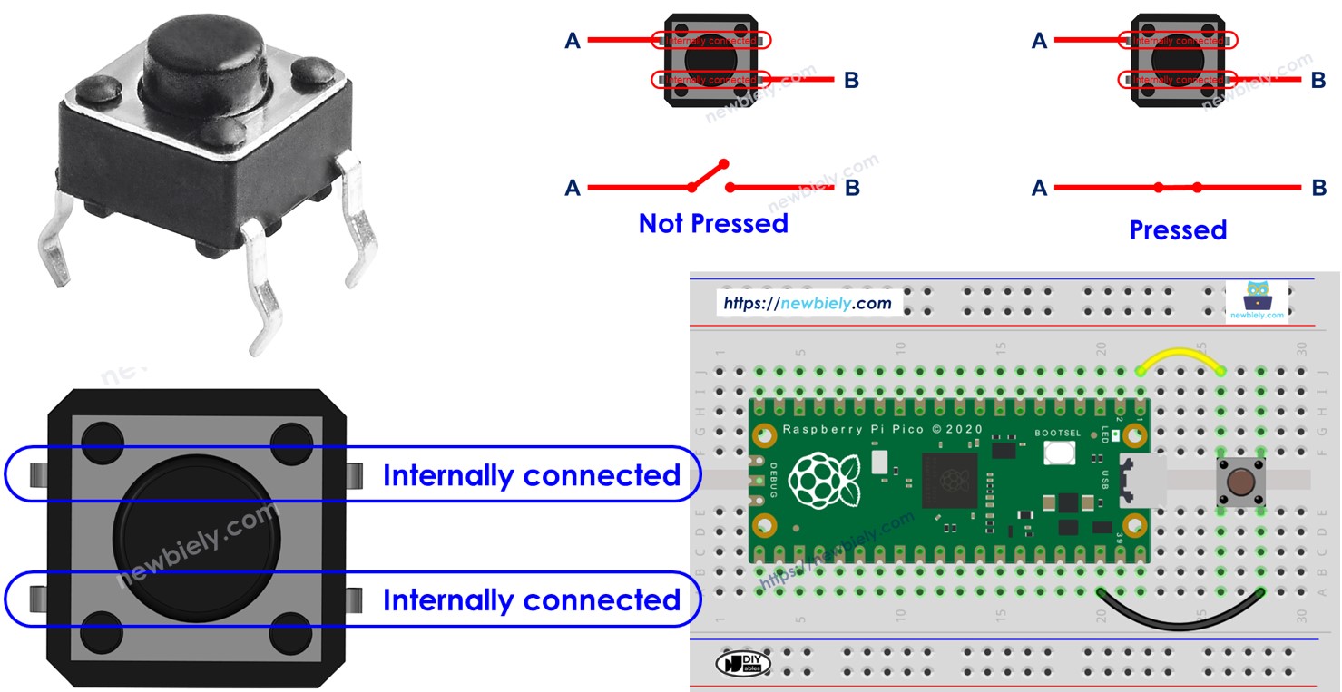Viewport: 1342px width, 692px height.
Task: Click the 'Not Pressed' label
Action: coord(713,223)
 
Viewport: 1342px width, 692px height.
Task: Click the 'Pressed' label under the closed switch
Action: coord(1178,230)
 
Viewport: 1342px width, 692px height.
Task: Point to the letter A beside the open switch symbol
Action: coord(573,188)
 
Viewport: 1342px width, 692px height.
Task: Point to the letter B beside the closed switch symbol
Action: coord(1318,188)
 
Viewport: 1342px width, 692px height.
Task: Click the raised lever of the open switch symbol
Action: coord(709,175)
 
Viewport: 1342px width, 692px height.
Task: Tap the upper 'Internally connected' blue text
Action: coord(531,475)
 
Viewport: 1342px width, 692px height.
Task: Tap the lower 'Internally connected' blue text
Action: coord(531,600)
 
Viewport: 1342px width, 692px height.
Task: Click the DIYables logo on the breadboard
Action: coord(742,663)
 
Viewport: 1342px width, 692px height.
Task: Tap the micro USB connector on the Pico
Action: coord(1140,481)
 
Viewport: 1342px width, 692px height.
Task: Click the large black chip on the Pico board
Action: coord(949,480)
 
